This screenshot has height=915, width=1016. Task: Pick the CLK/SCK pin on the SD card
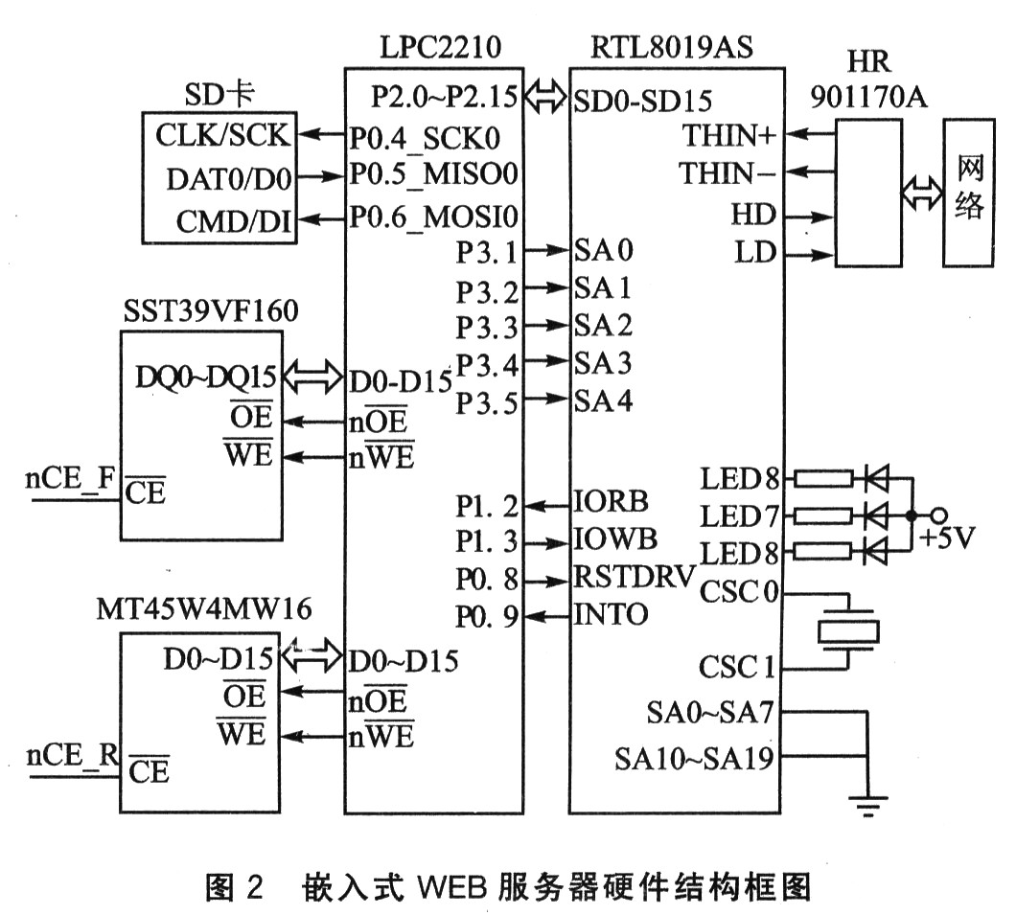click(221, 135)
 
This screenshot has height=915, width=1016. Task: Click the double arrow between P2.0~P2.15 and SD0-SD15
click(547, 97)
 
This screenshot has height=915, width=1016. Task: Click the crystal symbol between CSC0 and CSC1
click(846, 630)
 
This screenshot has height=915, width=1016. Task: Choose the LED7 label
click(740, 515)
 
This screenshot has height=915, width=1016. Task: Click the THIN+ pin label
click(728, 135)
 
